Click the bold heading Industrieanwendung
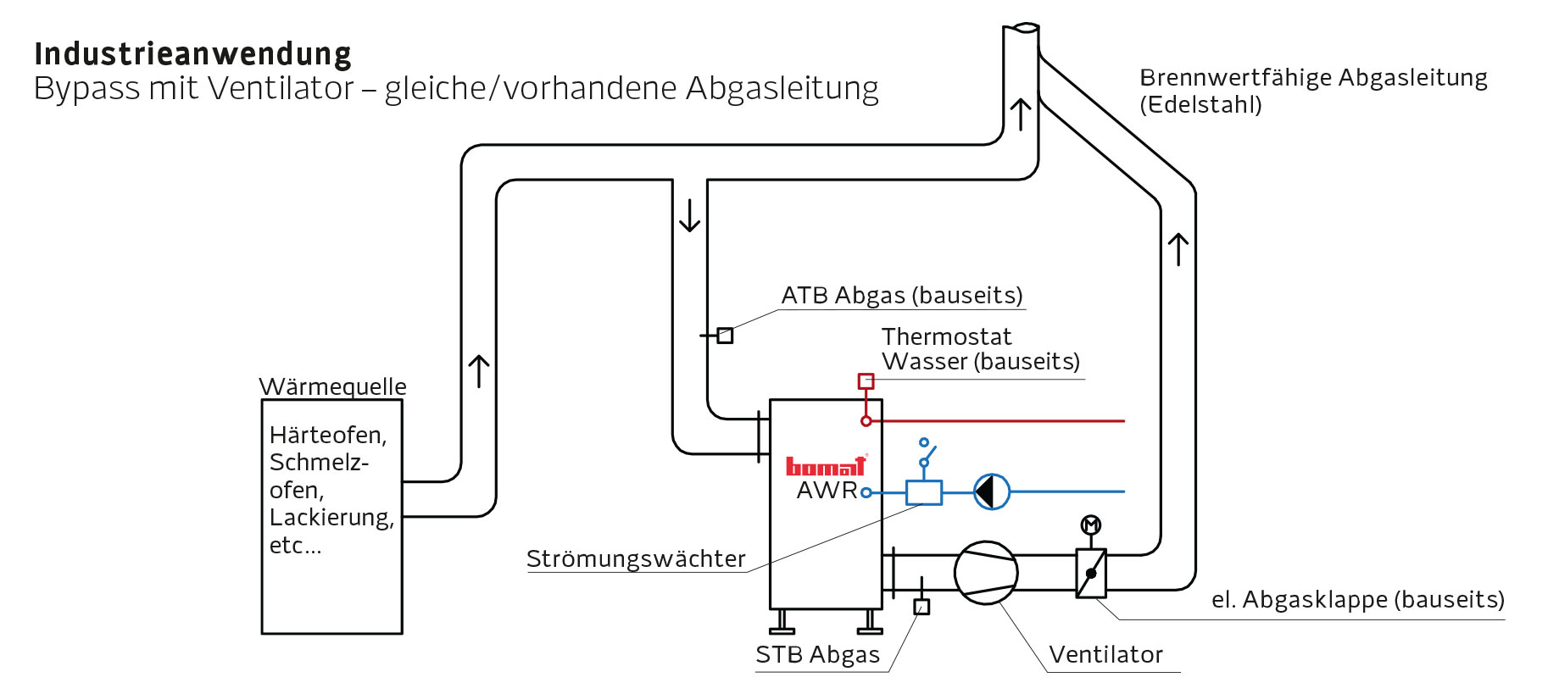point(192,54)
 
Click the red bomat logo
point(825,467)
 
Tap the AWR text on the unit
point(827,491)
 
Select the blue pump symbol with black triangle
point(991,491)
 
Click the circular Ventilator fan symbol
point(985,573)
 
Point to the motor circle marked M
point(1091,525)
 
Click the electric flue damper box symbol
point(1091,574)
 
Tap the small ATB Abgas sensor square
point(725,336)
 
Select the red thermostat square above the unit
point(866,381)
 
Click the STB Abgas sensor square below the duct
point(921,607)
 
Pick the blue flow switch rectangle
point(923,492)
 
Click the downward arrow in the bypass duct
point(690,215)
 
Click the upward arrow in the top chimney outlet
point(1021,114)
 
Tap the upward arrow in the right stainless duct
point(1178,249)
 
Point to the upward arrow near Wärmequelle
point(479,371)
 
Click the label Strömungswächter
point(636,559)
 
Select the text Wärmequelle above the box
point(332,386)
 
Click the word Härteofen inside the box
point(327,436)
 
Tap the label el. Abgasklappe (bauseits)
point(1357,600)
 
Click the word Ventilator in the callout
point(1105,655)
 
